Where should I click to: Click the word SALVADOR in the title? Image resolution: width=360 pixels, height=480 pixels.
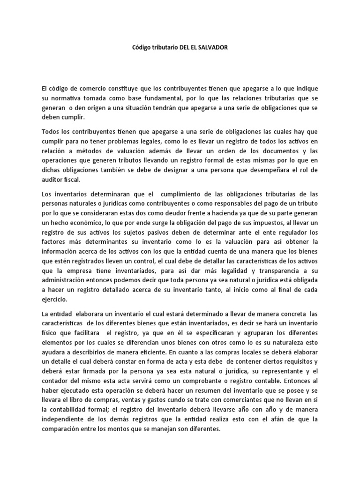[x=213, y=49]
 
